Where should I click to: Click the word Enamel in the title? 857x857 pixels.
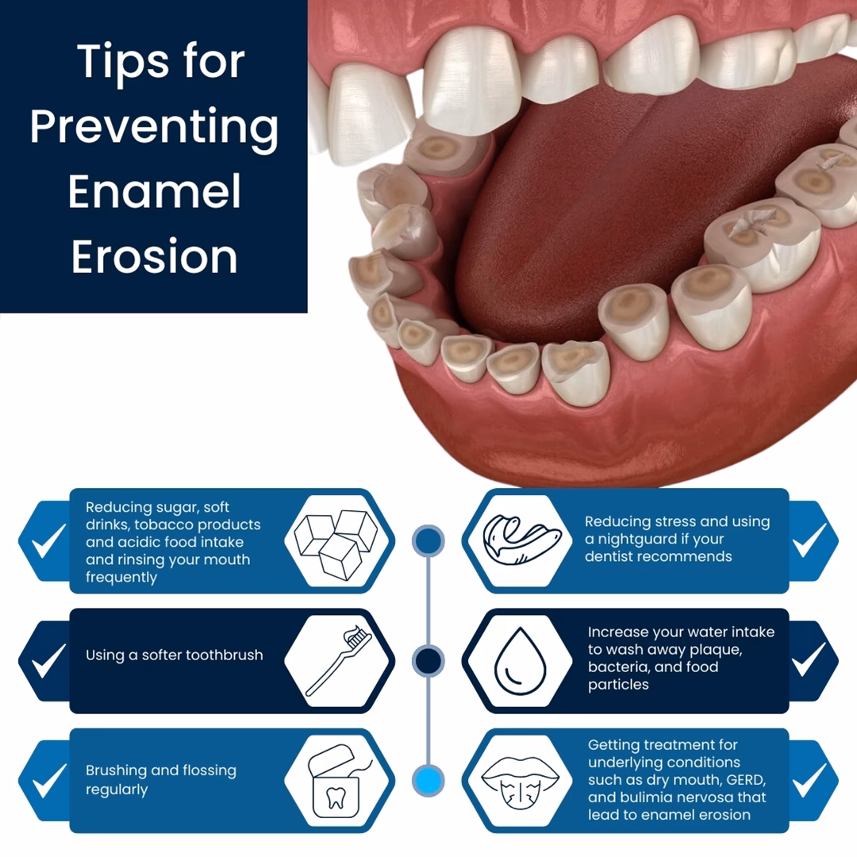[x=154, y=191]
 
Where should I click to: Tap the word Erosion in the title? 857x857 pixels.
[x=154, y=256]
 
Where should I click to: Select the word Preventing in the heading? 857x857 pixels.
[x=154, y=127]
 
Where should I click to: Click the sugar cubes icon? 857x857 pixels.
[x=336, y=540]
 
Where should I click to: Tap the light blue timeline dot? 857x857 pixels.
[x=428, y=780]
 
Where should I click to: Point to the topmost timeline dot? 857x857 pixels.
[x=428, y=540]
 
